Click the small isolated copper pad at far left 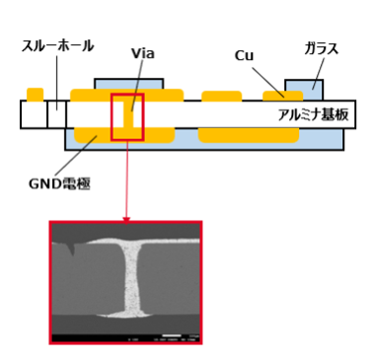coord(35,95)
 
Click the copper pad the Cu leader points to coord(281,96)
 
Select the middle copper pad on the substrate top coord(222,97)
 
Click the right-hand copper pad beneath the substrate coord(248,134)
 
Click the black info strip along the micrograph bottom coord(125,338)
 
